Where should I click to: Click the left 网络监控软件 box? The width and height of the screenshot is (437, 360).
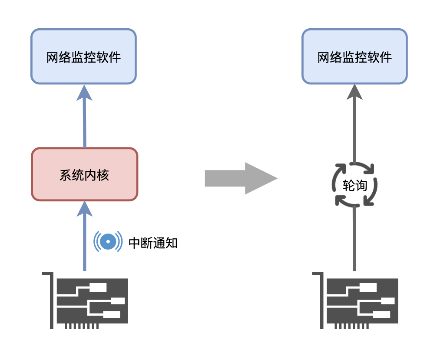click(83, 57)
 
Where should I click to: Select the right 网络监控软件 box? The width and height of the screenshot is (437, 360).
click(354, 57)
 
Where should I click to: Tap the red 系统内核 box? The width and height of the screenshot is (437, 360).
click(85, 174)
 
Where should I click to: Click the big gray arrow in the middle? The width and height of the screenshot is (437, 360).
click(241, 178)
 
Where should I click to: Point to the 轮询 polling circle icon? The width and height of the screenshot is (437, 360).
click(355, 184)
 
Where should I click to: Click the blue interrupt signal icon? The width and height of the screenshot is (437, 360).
click(107, 241)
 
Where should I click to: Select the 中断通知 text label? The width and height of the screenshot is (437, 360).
click(153, 243)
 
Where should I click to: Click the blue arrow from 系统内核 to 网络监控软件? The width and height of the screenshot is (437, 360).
click(84, 122)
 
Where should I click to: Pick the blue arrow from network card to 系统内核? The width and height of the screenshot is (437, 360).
click(84, 243)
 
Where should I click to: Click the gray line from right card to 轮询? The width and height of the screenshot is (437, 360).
click(355, 239)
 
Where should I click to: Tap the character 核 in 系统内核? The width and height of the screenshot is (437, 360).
click(103, 175)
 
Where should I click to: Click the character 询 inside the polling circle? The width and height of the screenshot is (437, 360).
click(361, 186)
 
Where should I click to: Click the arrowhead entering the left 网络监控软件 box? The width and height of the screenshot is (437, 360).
click(84, 93)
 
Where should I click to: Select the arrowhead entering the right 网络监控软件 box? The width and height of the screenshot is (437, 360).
click(355, 92)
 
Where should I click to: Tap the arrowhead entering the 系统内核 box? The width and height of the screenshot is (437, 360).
click(84, 209)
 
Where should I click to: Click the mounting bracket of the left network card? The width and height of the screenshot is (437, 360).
click(50, 300)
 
